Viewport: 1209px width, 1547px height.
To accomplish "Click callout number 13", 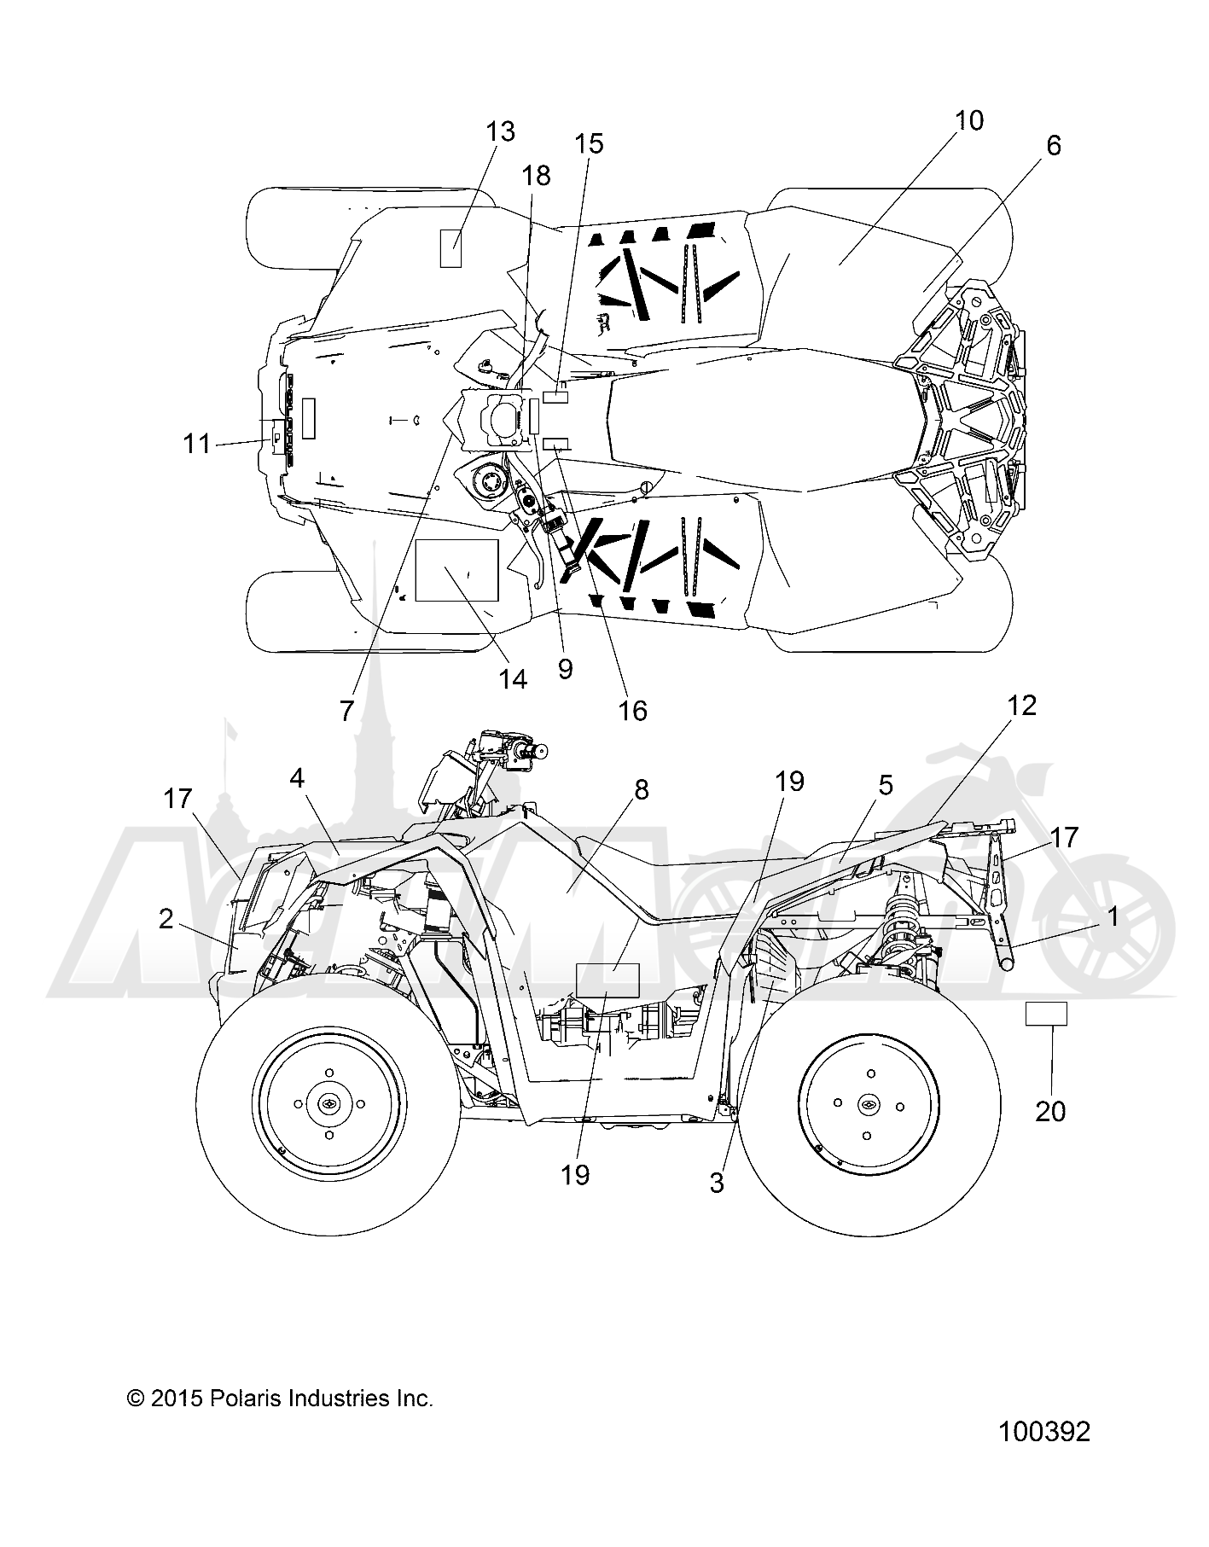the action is (x=501, y=131).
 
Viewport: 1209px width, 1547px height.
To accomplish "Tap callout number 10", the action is (x=968, y=120).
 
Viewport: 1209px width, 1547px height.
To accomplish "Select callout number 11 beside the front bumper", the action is (x=197, y=444).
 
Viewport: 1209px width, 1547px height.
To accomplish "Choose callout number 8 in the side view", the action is (x=642, y=789).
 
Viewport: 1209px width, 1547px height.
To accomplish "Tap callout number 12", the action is (x=1021, y=705).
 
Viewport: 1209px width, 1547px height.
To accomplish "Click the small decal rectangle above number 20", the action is (x=1046, y=1014).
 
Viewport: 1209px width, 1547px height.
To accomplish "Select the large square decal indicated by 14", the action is (x=456, y=570).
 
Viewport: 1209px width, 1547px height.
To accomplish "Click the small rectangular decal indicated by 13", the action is (x=450, y=248).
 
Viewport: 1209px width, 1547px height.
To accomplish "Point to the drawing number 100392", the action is (x=1044, y=1431).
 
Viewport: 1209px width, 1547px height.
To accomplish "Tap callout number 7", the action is (x=346, y=710).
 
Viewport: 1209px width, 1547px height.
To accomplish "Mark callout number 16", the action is (x=633, y=709).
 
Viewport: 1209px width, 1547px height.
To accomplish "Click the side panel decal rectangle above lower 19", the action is (x=607, y=980).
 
